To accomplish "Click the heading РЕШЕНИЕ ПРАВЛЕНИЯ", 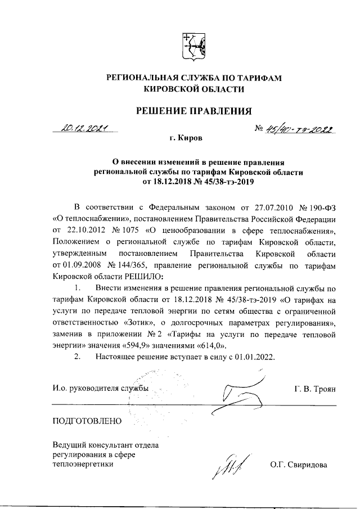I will [193, 110].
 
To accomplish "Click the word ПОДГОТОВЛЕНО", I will [87, 420].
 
